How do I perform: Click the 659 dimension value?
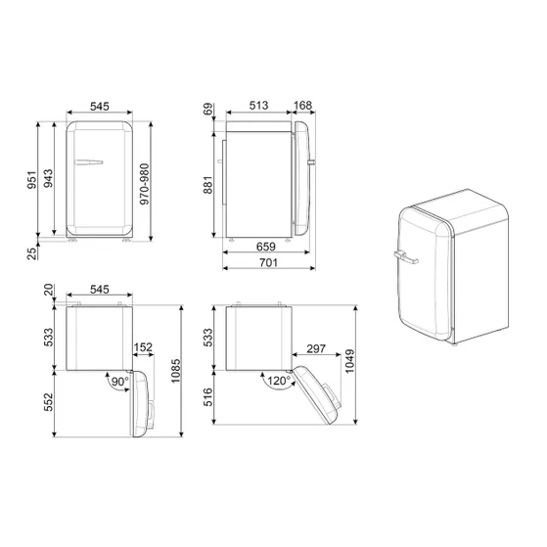[x=262, y=247]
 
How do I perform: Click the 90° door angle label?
[x=119, y=380]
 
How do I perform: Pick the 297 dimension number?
[x=315, y=349]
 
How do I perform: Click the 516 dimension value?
[x=208, y=401]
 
